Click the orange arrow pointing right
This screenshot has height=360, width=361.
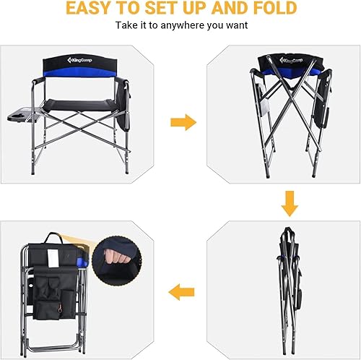183,122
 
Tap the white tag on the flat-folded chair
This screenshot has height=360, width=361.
51,259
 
